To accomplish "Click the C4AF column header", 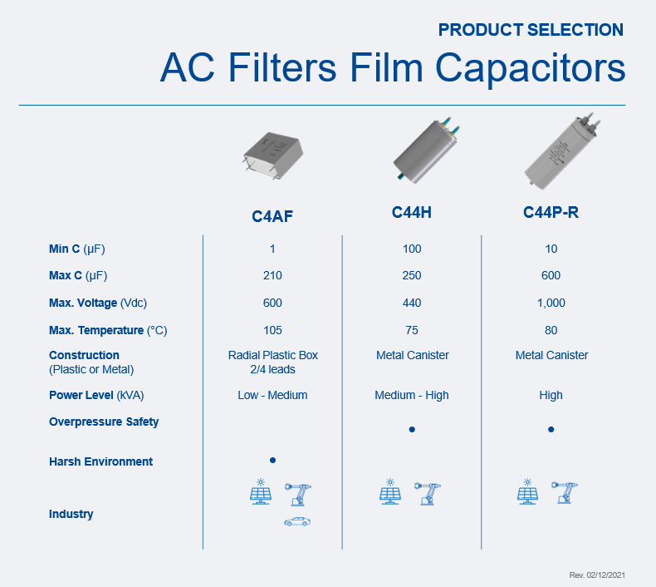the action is point(272,216).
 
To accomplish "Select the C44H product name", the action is point(412,212).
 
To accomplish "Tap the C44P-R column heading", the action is point(551,212).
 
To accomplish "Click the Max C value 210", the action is point(272,275).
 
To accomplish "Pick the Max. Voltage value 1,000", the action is point(551,303).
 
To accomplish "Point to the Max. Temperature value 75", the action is point(412,330).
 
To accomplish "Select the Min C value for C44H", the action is point(412,249).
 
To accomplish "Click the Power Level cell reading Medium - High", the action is point(412,395).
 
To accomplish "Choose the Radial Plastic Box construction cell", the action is point(272,362).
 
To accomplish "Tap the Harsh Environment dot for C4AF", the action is point(272,460).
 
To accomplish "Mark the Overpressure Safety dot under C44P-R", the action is point(551,429).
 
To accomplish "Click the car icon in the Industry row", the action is point(297,521).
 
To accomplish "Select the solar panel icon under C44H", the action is point(390,491).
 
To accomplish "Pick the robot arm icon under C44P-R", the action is point(565,492).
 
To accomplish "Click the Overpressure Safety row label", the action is point(104,422).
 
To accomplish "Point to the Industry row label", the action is point(71,514).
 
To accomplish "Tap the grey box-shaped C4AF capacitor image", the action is point(274,155).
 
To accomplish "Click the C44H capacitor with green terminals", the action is point(426,150).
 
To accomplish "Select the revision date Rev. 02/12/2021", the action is point(597,575).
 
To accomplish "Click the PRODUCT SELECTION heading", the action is point(531,30).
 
